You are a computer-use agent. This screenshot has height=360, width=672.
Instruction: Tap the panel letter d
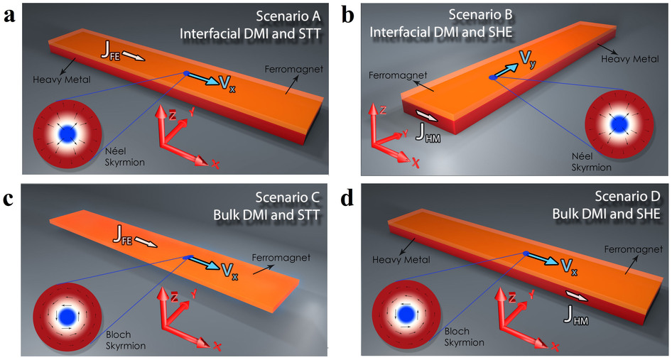click(x=347, y=198)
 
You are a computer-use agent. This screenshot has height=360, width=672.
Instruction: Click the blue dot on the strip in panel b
click(x=491, y=77)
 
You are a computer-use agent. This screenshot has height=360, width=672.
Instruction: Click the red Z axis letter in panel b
click(x=382, y=110)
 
